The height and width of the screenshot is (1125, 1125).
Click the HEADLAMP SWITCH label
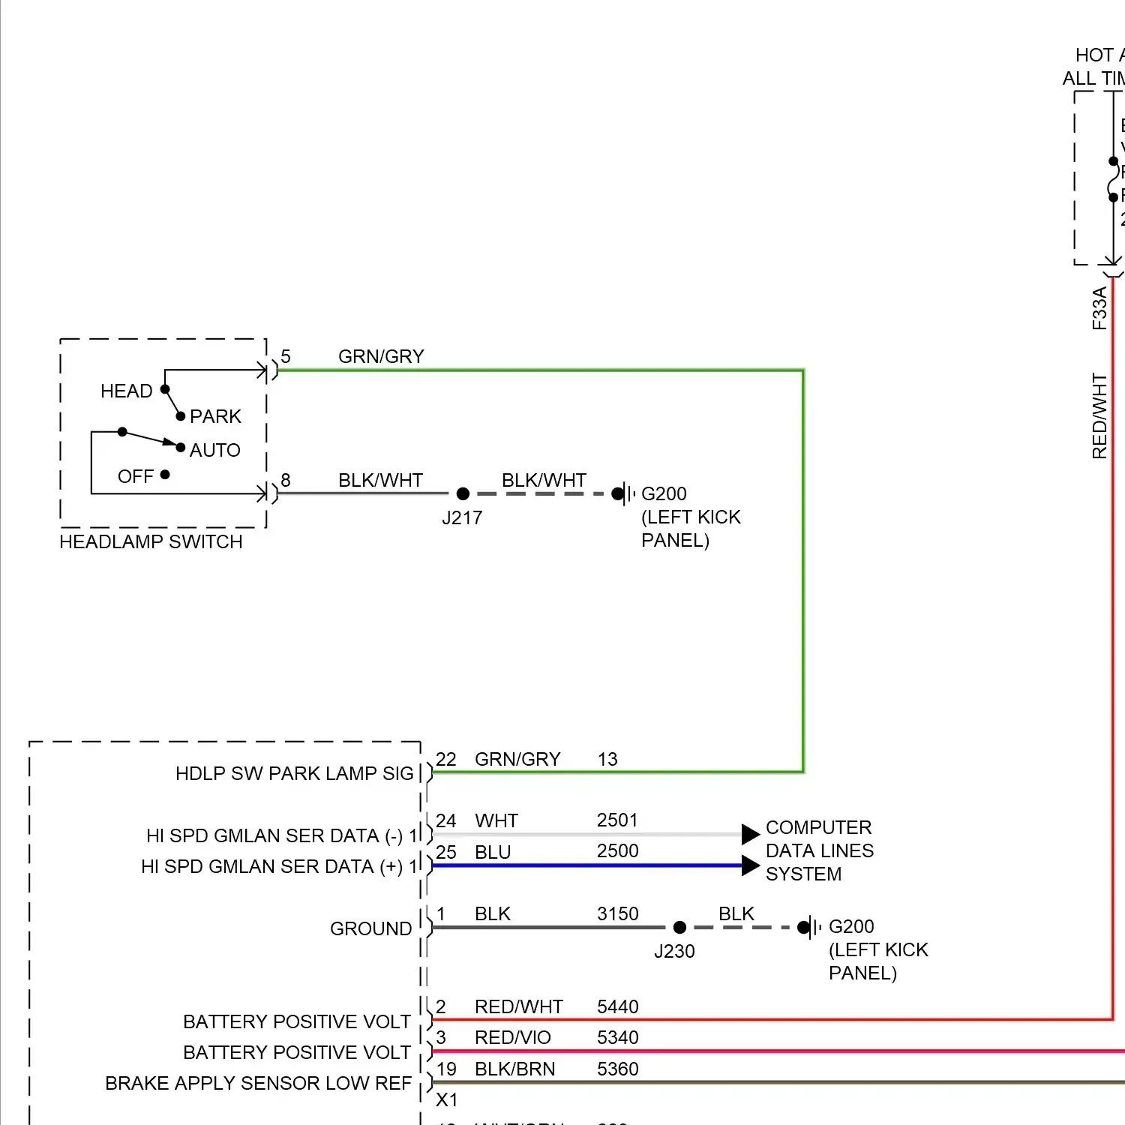tap(151, 541)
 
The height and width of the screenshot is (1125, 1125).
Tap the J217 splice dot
tap(463, 493)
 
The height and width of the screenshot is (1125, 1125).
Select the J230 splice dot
tap(679, 928)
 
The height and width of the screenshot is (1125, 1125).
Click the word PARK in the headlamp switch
tap(215, 416)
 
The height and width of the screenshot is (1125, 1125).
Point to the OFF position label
tap(135, 476)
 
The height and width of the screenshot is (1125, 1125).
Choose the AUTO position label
tap(214, 450)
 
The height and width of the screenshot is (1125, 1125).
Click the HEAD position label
tap(126, 391)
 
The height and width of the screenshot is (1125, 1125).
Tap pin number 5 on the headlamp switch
tap(286, 356)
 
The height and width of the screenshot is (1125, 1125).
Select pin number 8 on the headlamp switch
tap(286, 480)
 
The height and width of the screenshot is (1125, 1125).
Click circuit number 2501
tap(617, 820)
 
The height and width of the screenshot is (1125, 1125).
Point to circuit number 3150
tap(617, 913)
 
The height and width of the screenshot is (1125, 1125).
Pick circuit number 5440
tap(617, 1006)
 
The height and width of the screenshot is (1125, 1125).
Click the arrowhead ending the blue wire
tap(750, 865)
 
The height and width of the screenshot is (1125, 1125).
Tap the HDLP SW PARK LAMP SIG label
tap(294, 773)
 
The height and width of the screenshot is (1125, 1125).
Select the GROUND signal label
tap(370, 928)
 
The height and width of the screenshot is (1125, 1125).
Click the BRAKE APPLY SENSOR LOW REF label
tap(258, 1083)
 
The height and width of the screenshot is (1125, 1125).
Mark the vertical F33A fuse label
tap(1099, 308)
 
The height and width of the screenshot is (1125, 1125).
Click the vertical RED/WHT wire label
tap(1099, 416)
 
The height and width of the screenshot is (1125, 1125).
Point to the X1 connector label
tap(446, 1099)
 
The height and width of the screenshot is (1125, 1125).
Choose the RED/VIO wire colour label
tap(512, 1037)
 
